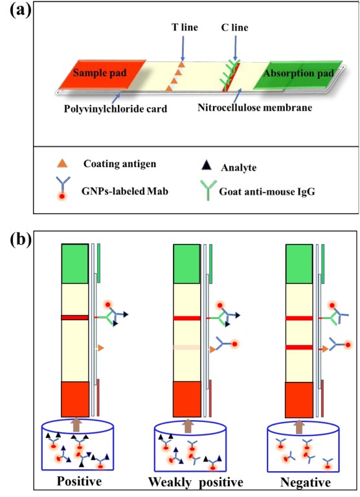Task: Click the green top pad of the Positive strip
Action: point(75,264)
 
